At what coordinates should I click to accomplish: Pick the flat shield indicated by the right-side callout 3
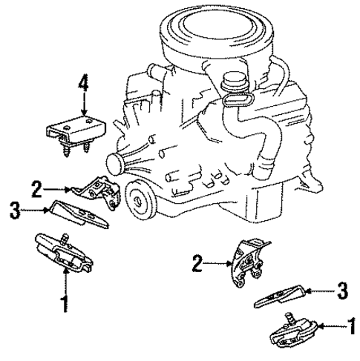285,295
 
